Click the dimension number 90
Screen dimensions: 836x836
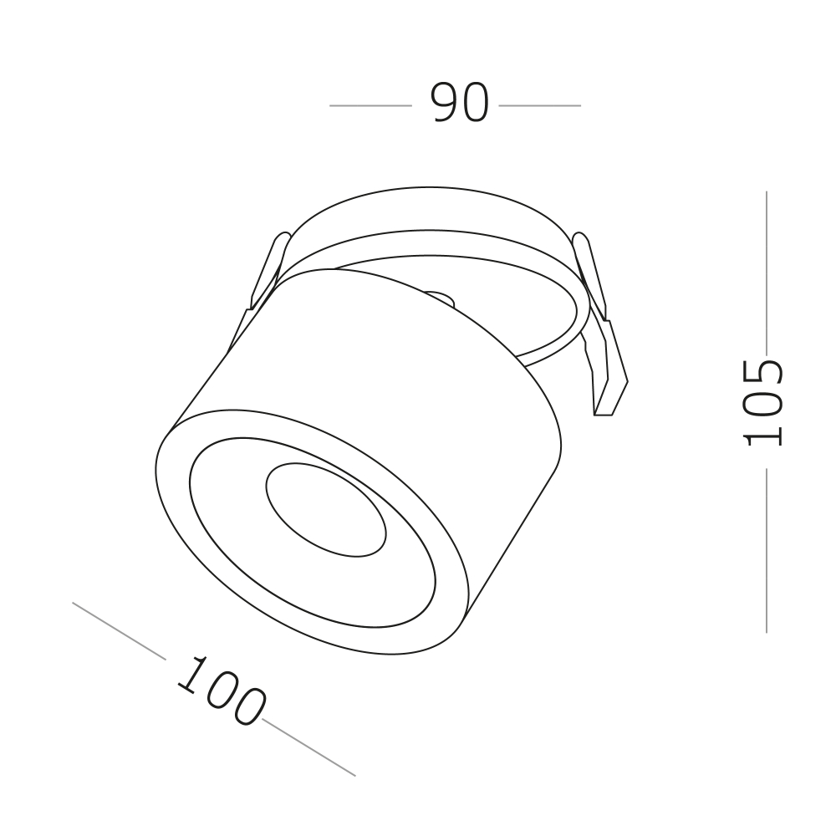[460, 103]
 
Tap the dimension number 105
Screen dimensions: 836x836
[763, 403]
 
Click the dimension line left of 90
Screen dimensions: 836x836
[370, 105]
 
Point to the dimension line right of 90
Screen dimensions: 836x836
[539, 105]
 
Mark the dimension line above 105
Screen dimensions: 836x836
[767, 273]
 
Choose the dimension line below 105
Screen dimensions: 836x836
[767, 551]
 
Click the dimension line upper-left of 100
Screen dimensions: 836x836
[119, 630]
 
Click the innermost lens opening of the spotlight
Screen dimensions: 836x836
[326, 511]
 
